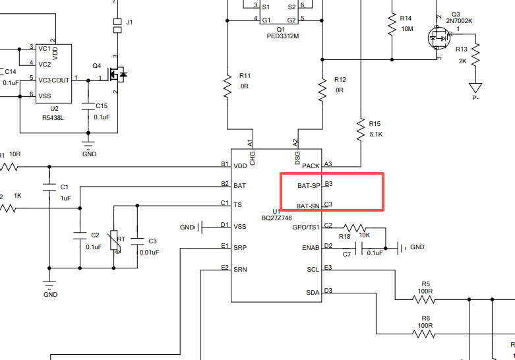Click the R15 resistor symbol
[361, 129]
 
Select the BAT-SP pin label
[309, 185]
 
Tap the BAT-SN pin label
[308, 206]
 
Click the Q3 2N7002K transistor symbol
[439, 38]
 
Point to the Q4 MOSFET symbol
[117, 75]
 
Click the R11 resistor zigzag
[227, 86]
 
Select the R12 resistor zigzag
[322, 90]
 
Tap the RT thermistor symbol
[113, 241]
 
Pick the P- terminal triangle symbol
[475, 88]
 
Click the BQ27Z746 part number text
[276, 218]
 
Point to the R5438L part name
[53, 117]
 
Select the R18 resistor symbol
[355, 227]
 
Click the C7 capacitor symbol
[359, 249]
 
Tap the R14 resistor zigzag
[392, 24]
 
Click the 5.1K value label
[376, 135]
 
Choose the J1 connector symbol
[117, 26]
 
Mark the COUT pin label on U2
[61, 80]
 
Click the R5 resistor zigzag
[424, 299]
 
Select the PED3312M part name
[283, 36]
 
